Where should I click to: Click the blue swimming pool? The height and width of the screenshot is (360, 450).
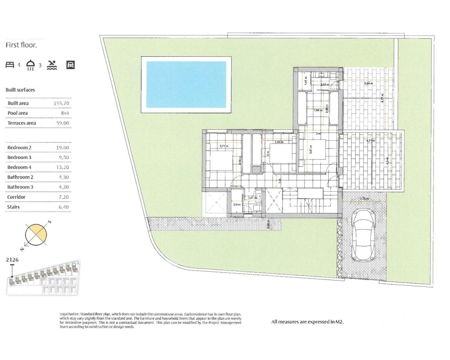point(186,85)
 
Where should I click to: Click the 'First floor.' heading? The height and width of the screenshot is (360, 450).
point(21,45)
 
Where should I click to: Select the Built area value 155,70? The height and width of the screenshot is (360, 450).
point(62,103)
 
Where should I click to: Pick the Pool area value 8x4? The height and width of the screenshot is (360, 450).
point(65,113)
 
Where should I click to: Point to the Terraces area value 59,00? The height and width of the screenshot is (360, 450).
point(63,123)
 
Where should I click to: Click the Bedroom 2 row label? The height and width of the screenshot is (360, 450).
point(19,148)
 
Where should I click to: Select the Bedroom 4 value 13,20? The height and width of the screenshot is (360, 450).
point(63,167)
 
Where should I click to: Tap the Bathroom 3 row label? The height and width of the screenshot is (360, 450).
point(20,187)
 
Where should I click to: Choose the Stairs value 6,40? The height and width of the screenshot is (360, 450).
point(63,207)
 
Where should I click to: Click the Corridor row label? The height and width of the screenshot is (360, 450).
point(16,197)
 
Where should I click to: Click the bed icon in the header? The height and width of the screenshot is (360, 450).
point(10,65)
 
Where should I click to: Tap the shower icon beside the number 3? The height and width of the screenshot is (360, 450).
point(31,65)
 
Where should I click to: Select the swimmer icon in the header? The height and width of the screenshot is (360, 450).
point(52,65)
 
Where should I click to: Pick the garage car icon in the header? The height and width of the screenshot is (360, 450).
point(70,65)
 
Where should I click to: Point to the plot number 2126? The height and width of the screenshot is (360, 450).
point(12,260)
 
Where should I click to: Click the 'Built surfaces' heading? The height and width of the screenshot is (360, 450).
point(20,90)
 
